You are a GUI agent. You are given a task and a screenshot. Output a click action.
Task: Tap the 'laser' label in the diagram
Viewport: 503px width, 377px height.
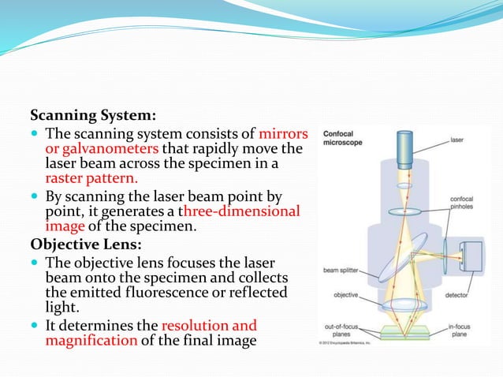457,140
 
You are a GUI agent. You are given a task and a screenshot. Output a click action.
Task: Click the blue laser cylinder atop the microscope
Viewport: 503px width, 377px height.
406,148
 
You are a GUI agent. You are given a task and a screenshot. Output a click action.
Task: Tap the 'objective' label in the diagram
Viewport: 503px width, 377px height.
345,295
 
